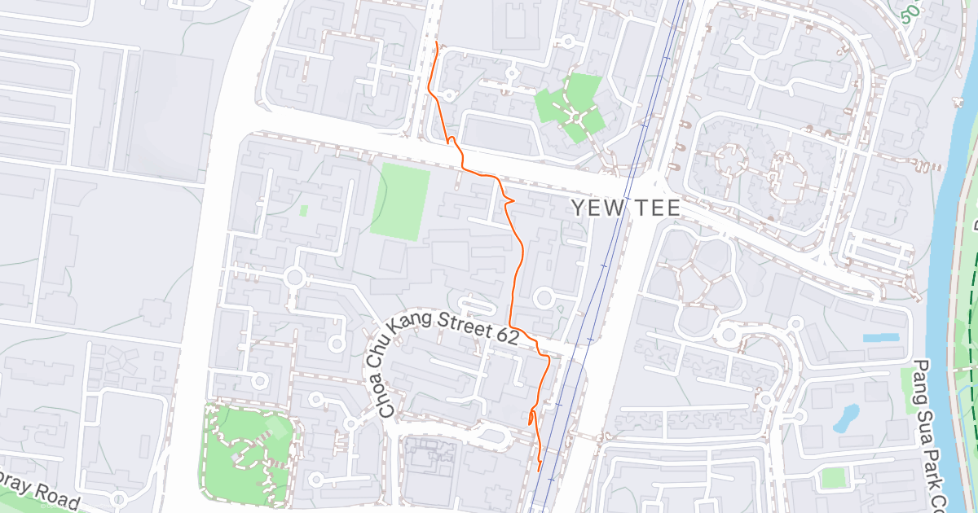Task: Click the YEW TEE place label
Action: point(625,208)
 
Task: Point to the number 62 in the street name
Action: point(505,333)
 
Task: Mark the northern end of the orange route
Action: point(438,42)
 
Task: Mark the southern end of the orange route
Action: point(540,471)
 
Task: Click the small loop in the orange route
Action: point(531,418)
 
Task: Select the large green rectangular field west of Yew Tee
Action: point(401,200)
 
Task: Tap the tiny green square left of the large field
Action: point(304,210)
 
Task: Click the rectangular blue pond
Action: point(880,337)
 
